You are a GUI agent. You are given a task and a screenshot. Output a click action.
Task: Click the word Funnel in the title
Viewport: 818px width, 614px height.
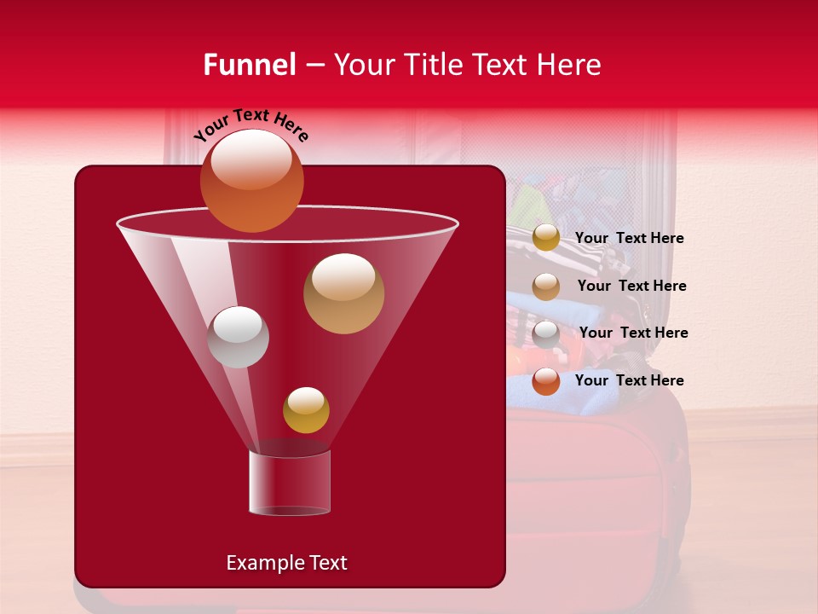[249, 65]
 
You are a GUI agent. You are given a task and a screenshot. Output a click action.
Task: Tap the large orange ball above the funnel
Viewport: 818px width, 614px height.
[251, 181]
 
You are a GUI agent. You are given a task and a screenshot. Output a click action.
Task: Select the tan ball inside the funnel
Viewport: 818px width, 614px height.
[343, 293]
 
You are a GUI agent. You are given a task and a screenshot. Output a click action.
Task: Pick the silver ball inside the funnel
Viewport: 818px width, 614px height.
[238, 337]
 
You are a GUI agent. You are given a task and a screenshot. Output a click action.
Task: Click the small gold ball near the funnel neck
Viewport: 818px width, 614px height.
[306, 410]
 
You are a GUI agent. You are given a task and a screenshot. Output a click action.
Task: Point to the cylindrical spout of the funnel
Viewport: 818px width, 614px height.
[289, 484]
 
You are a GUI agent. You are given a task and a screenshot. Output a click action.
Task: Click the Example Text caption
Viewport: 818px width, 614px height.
[286, 563]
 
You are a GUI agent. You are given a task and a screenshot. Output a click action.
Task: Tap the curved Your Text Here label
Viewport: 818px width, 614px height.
[251, 125]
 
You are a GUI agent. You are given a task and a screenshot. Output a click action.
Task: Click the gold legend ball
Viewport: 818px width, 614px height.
[546, 238]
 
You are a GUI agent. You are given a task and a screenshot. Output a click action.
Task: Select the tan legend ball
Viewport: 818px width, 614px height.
[546, 287]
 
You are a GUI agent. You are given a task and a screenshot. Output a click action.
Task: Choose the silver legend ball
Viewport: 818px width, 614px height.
[546, 333]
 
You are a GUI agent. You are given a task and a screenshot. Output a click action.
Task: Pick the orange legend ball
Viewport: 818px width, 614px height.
[546, 381]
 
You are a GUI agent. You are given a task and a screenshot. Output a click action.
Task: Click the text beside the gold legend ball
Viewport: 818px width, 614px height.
[629, 238]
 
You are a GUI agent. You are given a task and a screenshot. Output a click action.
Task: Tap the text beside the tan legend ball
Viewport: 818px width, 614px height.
[631, 286]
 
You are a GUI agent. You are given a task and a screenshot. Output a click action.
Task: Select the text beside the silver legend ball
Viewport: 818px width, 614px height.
[633, 333]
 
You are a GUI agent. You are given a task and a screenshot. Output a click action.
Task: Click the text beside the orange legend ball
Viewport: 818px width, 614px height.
[629, 380]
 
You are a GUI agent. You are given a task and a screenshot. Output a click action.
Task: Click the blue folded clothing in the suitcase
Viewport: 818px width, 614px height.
[545, 397]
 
